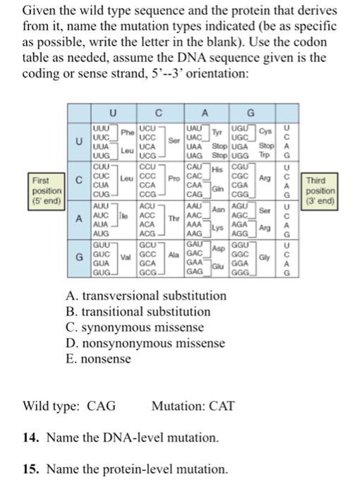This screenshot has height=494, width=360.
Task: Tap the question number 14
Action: coord(30,438)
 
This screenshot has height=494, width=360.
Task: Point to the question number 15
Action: coord(30,469)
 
